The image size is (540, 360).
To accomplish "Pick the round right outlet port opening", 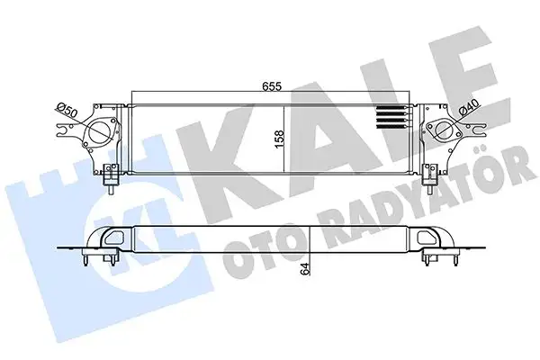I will (x=442, y=133).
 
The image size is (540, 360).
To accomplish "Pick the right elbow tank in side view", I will (x=431, y=239).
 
